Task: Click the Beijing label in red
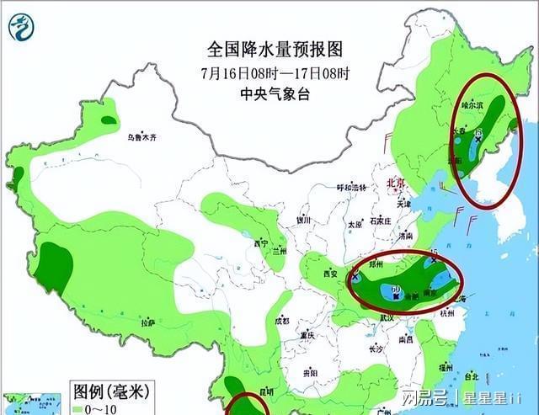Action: [396, 184]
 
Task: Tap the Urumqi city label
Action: [142, 137]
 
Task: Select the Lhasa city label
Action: [148, 322]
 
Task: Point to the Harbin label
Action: [472, 107]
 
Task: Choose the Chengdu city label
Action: [281, 321]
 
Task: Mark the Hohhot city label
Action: [352, 187]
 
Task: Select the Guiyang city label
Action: [310, 372]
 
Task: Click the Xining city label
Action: [261, 244]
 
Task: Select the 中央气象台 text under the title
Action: [275, 93]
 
